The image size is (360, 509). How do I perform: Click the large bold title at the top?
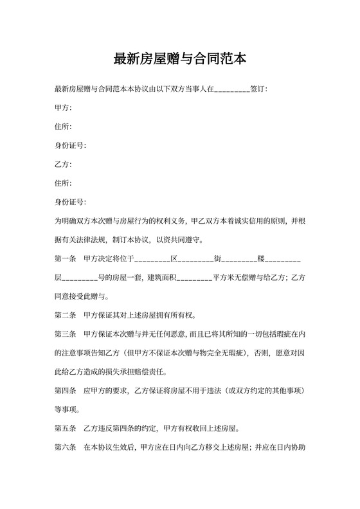[179, 59]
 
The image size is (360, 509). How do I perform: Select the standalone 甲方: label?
[64, 107]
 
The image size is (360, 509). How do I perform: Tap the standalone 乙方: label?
[64, 164]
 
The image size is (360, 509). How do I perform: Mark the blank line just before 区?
[152, 259]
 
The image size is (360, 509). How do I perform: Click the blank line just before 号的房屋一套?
[79, 278]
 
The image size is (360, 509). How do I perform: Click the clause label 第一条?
[66, 259]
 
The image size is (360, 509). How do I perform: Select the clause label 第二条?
[66, 316]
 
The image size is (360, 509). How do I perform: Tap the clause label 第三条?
[66, 335]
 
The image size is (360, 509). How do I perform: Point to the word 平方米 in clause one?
[223, 278]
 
